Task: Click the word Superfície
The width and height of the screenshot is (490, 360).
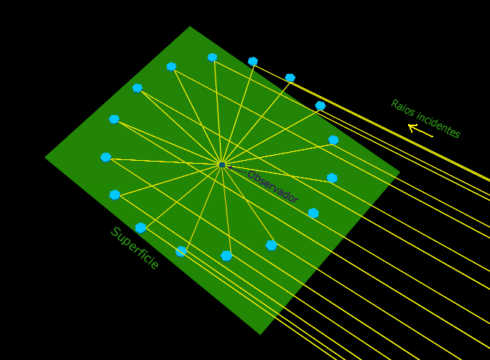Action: click(135, 248)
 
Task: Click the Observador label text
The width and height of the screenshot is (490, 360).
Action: click(273, 187)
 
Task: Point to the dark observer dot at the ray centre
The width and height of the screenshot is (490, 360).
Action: click(222, 165)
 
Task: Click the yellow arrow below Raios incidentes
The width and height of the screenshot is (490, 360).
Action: click(421, 131)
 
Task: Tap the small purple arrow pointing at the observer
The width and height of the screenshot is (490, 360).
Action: click(237, 170)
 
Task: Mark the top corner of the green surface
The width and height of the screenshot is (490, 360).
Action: click(190, 27)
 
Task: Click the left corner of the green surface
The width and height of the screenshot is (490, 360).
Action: click(45, 158)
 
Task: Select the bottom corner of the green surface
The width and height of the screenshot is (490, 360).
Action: click(260, 335)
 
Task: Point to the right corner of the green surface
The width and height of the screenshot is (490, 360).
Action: click(400, 172)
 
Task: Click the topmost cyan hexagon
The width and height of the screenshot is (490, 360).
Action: click(213, 58)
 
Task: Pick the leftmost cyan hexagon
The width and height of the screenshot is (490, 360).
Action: click(106, 158)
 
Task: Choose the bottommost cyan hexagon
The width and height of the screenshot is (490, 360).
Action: click(227, 256)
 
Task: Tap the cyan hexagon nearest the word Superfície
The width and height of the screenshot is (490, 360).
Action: click(141, 228)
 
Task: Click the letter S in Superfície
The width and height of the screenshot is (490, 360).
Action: click(115, 232)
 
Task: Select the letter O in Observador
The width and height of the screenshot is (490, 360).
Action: click(252, 176)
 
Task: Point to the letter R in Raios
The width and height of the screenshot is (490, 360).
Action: click(394, 104)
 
